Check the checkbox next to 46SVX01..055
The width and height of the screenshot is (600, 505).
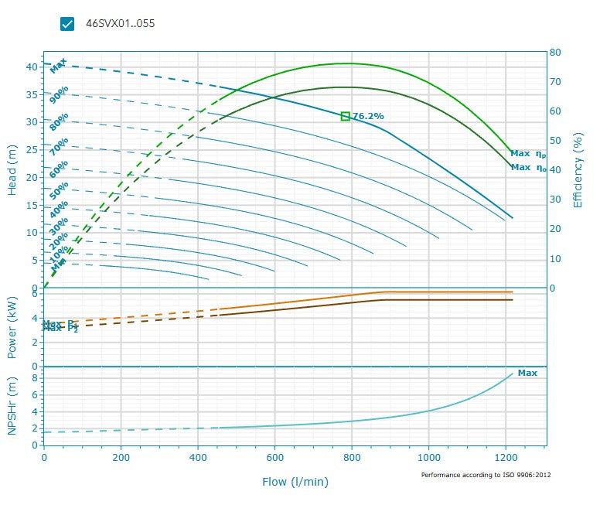67,23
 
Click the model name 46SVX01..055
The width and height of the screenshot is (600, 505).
120,23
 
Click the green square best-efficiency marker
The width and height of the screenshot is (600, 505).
346,116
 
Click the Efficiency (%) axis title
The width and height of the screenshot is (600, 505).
578,170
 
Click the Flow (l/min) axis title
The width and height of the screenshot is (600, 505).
295,482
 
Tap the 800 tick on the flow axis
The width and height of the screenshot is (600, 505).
352,458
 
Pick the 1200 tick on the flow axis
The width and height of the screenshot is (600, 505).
506,458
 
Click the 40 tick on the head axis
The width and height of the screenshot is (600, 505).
32,67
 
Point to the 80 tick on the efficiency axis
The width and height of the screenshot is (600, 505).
555,53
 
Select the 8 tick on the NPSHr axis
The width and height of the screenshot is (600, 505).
35,377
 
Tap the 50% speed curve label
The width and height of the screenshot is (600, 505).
59,189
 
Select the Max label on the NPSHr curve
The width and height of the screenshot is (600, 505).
527,373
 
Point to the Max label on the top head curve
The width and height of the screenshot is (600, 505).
58,66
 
